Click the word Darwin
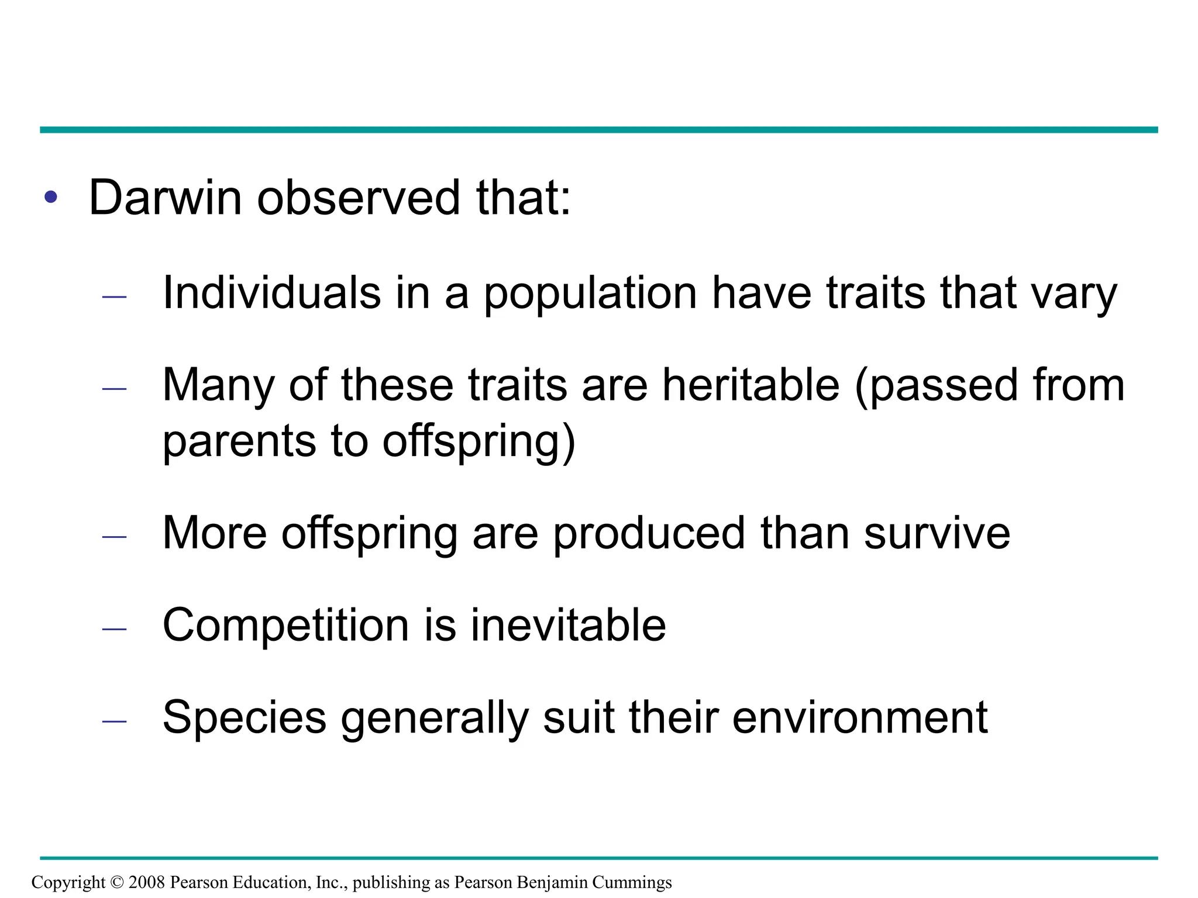(x=165, y=198)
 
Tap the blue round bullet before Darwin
(x=51, y=197)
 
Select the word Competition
(x=285, y=626)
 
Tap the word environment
(x=859, y=718)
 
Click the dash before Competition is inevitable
(x=114, y=629)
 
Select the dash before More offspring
(x=114, y=537)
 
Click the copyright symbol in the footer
(x=117, y=882)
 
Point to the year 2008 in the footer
(x=147, y=882)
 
